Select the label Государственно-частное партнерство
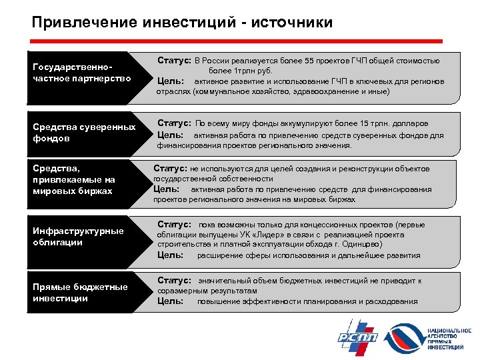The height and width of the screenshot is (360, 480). coord(73,73)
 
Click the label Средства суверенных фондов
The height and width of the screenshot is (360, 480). coord(84,133)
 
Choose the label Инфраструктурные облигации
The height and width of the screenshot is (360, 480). coord(78,237)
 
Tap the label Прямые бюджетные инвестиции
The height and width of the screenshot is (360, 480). coord(80,292)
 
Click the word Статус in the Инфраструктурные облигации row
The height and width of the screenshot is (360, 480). coord(174,225)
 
